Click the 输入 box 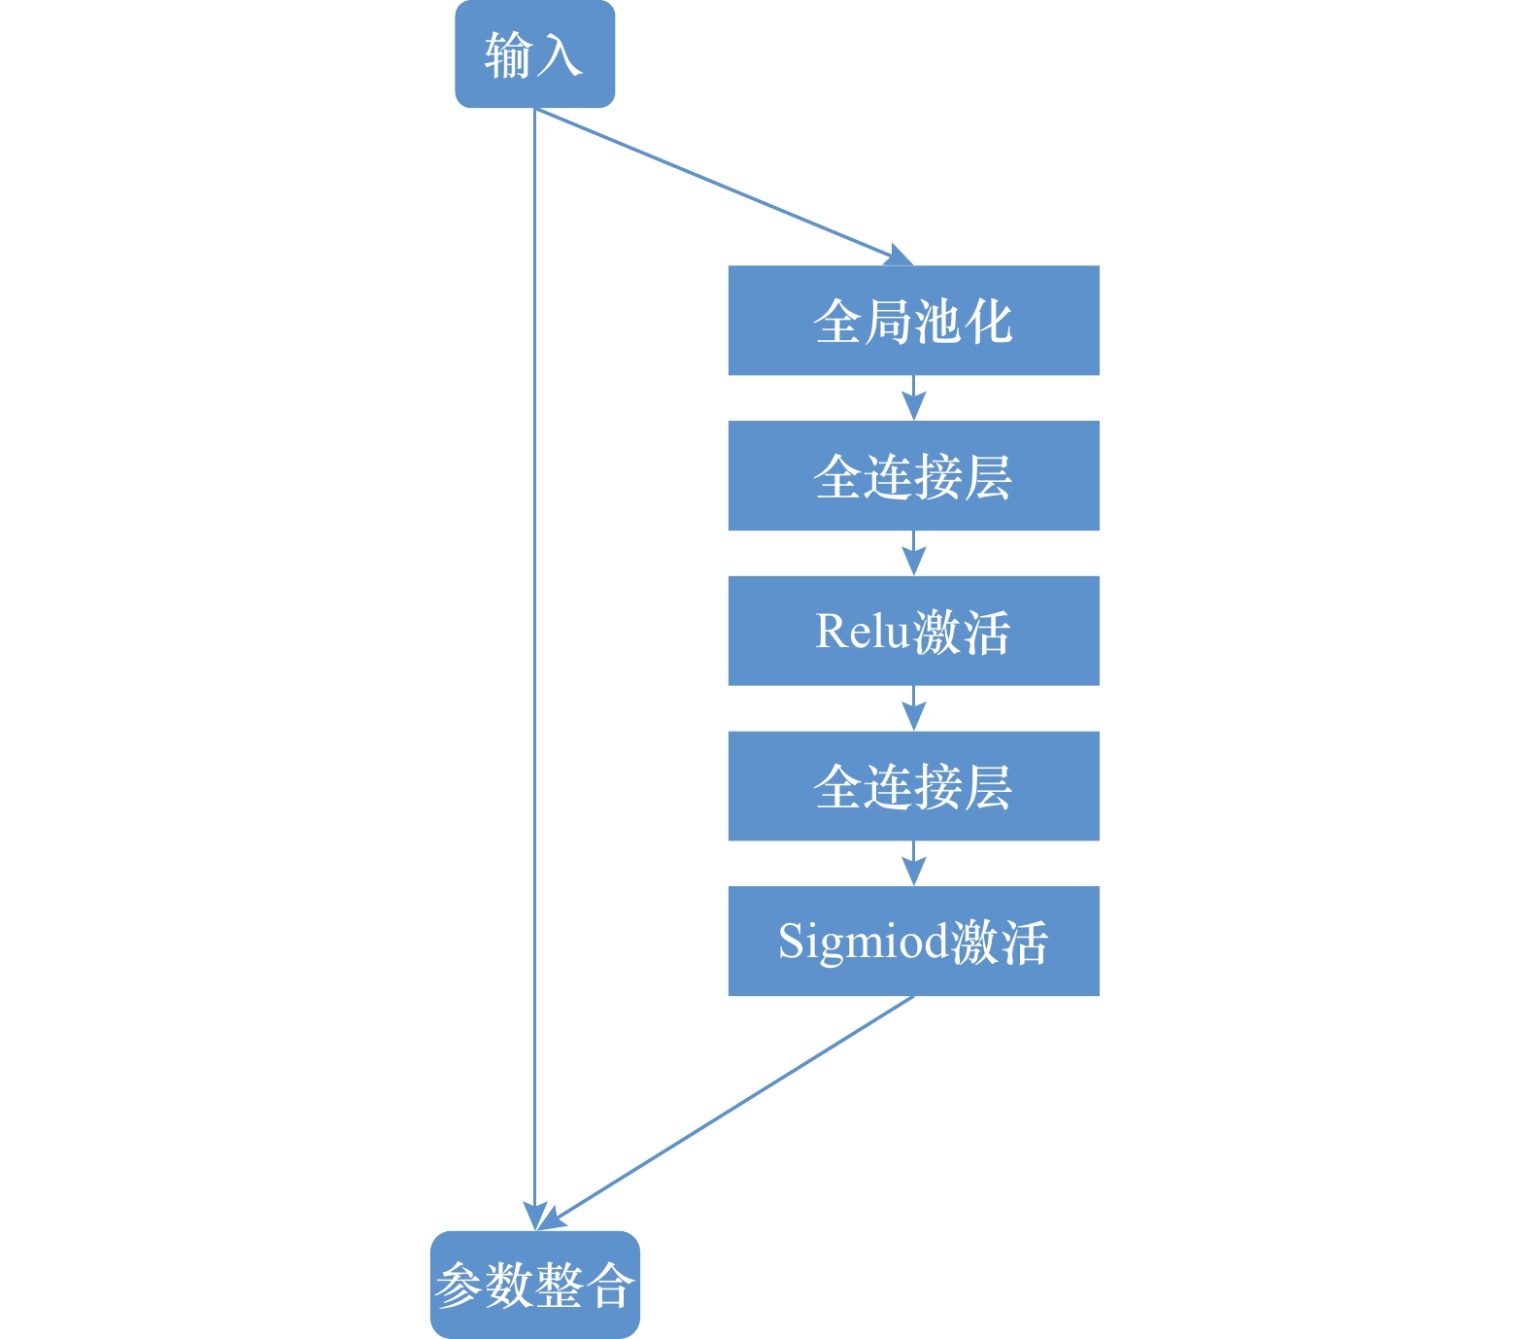(534, 54)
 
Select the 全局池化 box (913, 321)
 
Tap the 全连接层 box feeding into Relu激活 (913, 476)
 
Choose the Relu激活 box (913, 632)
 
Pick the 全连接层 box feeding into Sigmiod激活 (913, 786)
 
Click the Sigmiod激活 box (913, 941)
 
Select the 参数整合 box (534, 1285)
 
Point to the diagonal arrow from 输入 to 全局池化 (719, 185)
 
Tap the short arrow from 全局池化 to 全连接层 (913, 397)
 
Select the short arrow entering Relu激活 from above (913, 553)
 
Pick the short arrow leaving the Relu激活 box (913, 708)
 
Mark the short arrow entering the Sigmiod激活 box (913, 863)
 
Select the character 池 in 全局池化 (937, 321)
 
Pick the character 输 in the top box (509, 54)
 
